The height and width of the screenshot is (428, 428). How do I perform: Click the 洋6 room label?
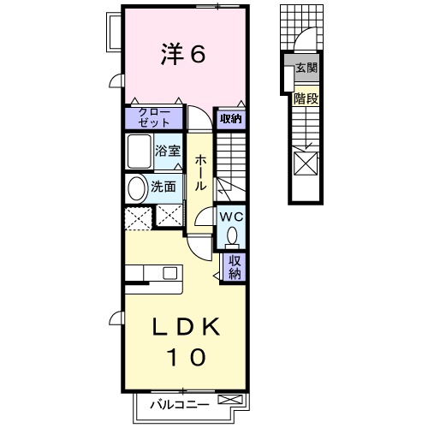pos(182,55)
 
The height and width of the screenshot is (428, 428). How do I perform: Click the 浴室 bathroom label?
pos(168,152)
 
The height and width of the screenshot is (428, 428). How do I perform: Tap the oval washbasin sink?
pos(137,187)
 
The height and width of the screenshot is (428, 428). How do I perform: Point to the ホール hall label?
pos(199,172)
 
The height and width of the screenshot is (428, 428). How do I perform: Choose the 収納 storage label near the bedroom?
pos(229,119)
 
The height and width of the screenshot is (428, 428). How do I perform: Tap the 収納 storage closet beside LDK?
pos(234,266)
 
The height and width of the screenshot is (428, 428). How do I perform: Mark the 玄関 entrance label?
pos(306,68)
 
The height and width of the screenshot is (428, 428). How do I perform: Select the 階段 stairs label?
pos(306,98)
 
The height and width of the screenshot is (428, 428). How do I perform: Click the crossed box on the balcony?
pos(230,401)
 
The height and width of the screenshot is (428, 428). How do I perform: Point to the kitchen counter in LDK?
pos(151,273)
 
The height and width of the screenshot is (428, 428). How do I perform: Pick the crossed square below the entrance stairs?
pos(305,162)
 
